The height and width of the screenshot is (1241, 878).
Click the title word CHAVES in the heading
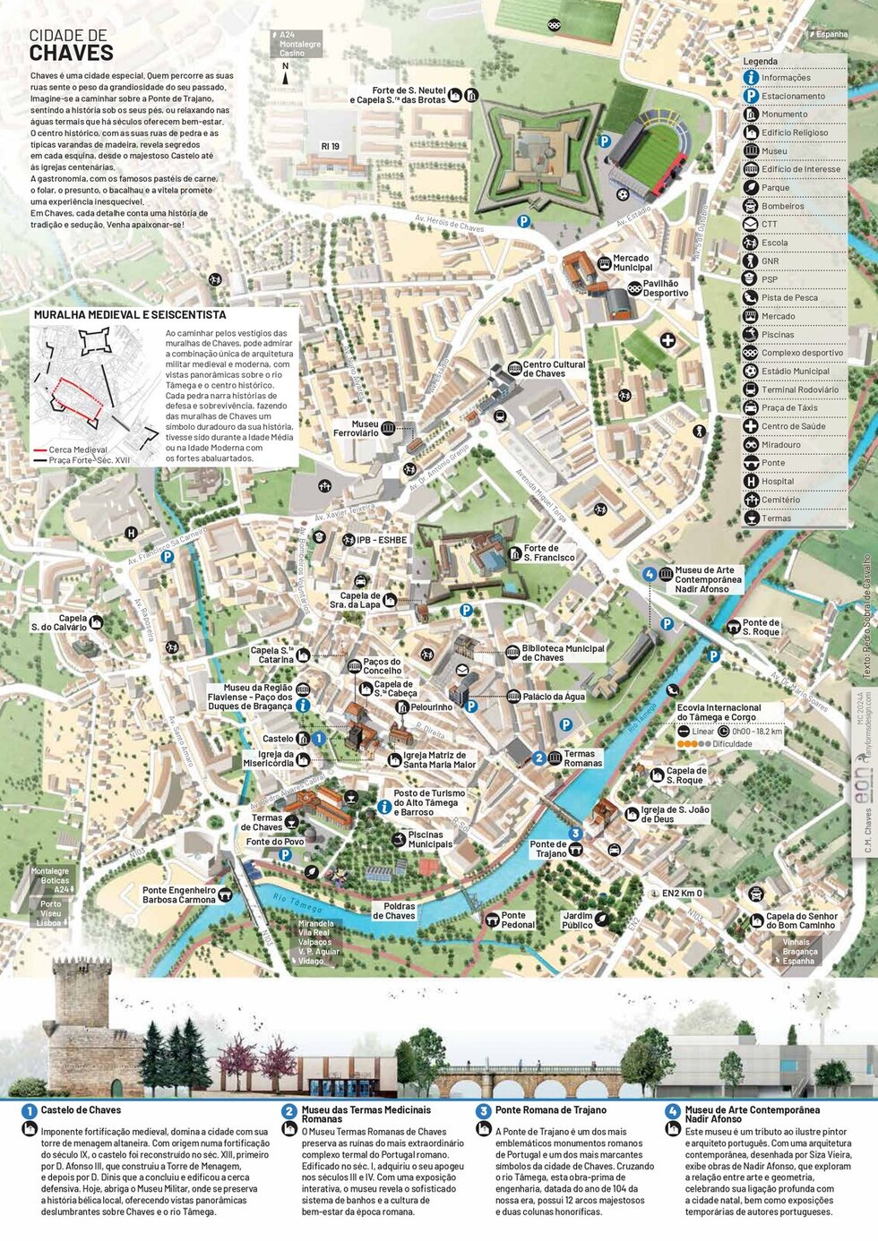72,54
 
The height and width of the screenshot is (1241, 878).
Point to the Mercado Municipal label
632,263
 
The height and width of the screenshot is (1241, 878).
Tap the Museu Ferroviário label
356,429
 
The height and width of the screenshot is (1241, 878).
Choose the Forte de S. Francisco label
548,553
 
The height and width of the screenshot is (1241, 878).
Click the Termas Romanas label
582,758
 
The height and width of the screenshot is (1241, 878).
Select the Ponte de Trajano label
547,849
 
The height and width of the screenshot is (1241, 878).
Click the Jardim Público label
577,920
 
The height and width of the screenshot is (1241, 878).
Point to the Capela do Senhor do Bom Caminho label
801,920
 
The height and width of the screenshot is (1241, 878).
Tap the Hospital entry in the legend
778,482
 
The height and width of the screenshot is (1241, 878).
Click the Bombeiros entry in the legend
782,206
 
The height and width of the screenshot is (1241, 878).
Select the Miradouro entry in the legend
781,445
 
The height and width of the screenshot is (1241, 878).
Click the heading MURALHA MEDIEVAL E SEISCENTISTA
129,315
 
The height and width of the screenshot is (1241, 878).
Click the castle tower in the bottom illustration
82,1003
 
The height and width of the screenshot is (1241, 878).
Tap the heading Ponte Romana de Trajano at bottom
550,1110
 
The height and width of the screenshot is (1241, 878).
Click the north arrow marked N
286,75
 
